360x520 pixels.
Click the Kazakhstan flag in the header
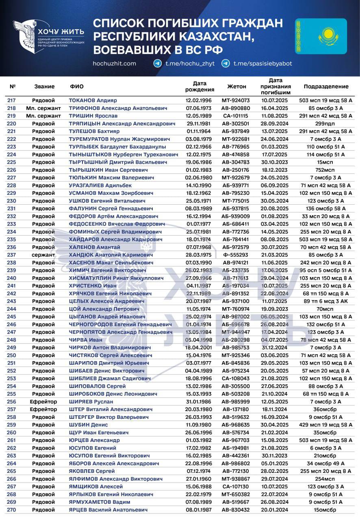pos(321,36)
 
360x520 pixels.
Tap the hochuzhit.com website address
pos(114,63)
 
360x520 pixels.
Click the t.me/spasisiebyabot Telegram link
pos(262,63)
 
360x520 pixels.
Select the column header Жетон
pos(236,87)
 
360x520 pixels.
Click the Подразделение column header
pos(326,87)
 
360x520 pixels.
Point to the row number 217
pos(12,100)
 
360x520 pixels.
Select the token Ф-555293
pos(236,255)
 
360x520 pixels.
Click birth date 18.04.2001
pos(200,347)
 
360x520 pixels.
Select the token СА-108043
pos(236,378)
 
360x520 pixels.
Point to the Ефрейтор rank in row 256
pos(43,401)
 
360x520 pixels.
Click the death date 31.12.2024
pos(275,347)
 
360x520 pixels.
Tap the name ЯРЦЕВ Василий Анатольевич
pos(108,510)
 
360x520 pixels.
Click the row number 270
pos(12,510)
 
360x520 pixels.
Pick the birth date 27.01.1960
pos(200,479)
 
